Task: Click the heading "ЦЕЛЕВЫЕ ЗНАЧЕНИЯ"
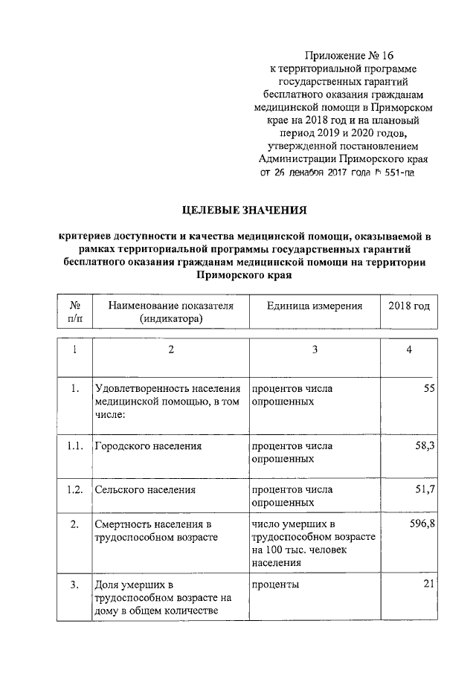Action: click(x=245, y=210)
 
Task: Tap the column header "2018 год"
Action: click(x=408, y=306)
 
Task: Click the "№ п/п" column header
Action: click(x=75, y=312)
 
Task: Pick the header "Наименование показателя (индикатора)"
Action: click(x=170, y=312)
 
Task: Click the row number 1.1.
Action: click(x=75, y=446)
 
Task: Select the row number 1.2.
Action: click(x=75, y=490)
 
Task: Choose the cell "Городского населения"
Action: click(x=149, y=446)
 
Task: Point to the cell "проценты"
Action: click(x=276, y=585)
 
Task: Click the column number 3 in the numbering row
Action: click(x=314, y=351)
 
